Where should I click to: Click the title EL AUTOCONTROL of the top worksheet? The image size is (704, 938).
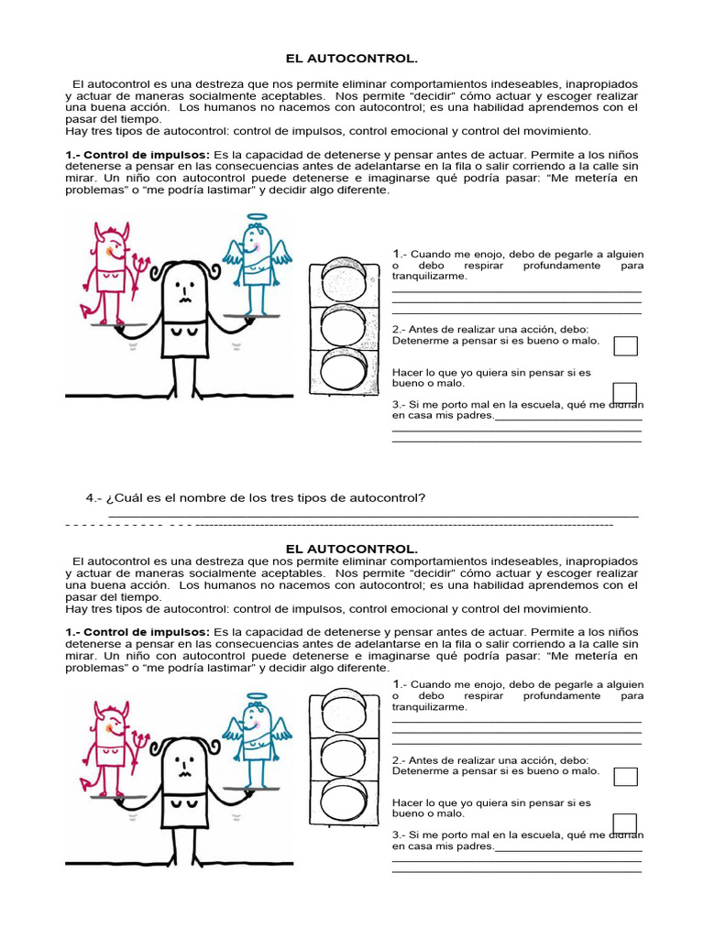(x=352, y=60)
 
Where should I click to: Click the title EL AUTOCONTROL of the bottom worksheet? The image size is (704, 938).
(x=352, y=548)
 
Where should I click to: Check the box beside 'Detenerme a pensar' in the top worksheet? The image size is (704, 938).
(x=625, y=345)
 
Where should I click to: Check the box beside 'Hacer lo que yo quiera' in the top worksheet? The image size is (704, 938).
(x=625, y=392)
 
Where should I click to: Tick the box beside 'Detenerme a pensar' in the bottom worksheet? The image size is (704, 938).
(x=625, y=776)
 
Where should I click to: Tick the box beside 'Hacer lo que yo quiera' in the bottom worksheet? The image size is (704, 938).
(x=625, y=823)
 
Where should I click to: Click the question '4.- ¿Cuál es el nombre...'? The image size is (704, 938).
(x=256, y=498)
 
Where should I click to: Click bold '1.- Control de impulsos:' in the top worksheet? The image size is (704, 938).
(x=137, y=155)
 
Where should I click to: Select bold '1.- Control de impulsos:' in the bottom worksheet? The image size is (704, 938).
(x=137, y=632)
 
